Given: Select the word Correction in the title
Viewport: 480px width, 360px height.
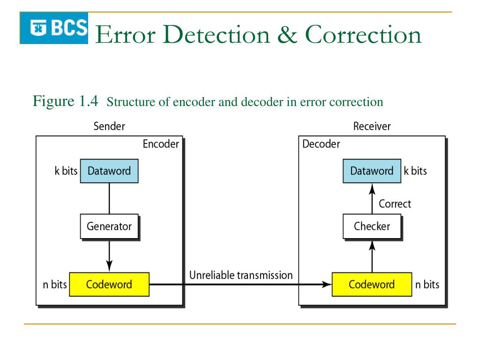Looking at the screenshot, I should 363,35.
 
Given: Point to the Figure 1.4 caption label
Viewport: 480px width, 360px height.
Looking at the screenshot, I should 65,101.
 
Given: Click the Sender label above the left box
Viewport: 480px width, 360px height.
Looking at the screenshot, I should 109,126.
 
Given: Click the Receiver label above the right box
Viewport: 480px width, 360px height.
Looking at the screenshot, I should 372,126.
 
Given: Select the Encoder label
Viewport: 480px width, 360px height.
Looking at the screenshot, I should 161,144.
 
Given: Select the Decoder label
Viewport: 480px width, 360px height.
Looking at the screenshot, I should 321,144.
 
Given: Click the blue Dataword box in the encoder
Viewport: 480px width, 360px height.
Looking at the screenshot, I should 109,171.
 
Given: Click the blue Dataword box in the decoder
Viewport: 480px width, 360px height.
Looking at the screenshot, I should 372,171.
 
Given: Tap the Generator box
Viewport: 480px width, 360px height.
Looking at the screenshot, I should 109,226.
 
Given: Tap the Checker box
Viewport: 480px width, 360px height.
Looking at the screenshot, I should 372,226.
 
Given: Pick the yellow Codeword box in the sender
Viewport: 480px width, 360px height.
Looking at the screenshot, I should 109,284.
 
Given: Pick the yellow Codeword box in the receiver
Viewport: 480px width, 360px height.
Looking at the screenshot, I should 372,284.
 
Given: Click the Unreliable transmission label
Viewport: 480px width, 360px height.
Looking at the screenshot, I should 240,275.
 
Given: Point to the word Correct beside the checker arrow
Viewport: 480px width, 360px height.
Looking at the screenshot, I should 395,204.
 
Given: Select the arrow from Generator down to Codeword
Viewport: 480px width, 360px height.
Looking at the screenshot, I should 109,255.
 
